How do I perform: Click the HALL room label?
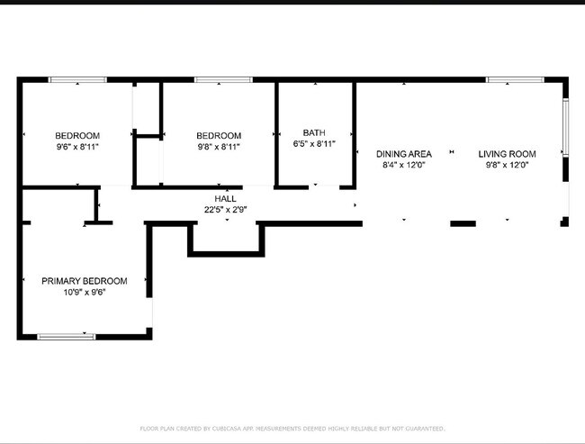click(x=225, y=198)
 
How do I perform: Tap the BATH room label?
click(x=314, y=131)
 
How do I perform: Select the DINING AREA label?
click(x=403, y=154)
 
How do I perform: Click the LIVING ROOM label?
click(x=507, y=154)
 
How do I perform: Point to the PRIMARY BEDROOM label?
click(x=85, y=281)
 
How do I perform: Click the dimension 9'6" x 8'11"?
click(x=76, y=146)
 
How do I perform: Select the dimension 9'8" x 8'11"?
click(x=219, y=146)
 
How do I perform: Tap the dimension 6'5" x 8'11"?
click(x=314, y=143)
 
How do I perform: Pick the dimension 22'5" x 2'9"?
click(x=225, y=209)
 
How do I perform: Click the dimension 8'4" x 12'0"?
click(x=403, y=165)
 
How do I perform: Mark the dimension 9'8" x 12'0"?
click(x=507, y=165)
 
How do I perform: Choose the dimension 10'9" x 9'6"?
click(x=85, y=293)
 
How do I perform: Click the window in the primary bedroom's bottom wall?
click(x=67, y=337)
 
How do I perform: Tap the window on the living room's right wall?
click(x=565, y=127)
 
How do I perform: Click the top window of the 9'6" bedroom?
click(x=77, y=80)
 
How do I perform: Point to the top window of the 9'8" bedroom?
click(x=222, y=80)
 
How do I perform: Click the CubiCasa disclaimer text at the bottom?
click(x=292, y=429)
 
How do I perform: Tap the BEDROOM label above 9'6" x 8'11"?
click(x=76, y=135)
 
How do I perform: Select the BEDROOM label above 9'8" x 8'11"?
click(x=219, y=135)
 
